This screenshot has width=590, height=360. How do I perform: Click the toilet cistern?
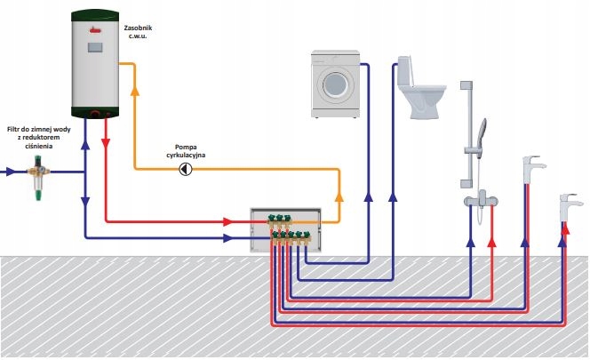(407, 69)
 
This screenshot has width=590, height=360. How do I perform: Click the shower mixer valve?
(482, 197)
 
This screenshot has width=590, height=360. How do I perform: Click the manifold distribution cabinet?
(284, 226)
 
